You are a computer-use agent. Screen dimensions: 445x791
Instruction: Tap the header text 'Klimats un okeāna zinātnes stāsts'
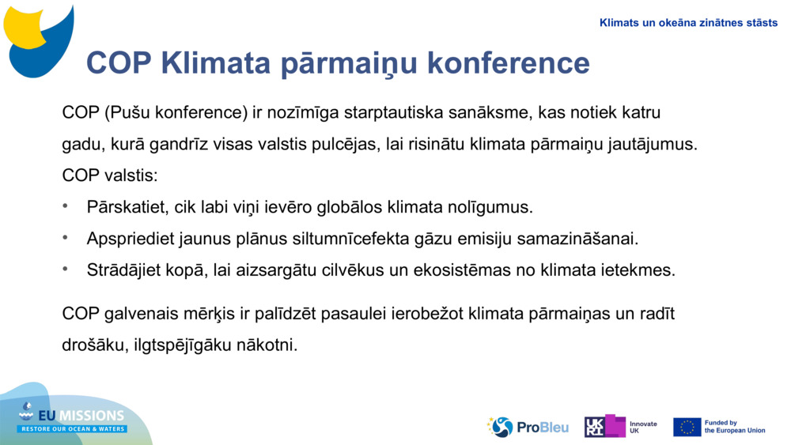click(x=688, y=23)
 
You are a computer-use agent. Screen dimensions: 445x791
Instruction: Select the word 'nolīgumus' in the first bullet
click(x=490, y=208)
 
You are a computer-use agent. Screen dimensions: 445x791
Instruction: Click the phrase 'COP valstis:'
click(x=110, y=175)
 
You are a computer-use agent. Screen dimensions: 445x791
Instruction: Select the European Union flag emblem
click(x=687, y=427)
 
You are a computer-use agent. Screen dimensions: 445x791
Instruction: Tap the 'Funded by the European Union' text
click(x=735, y=427)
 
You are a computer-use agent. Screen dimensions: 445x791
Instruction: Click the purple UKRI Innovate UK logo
click(x=605, y=427)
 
